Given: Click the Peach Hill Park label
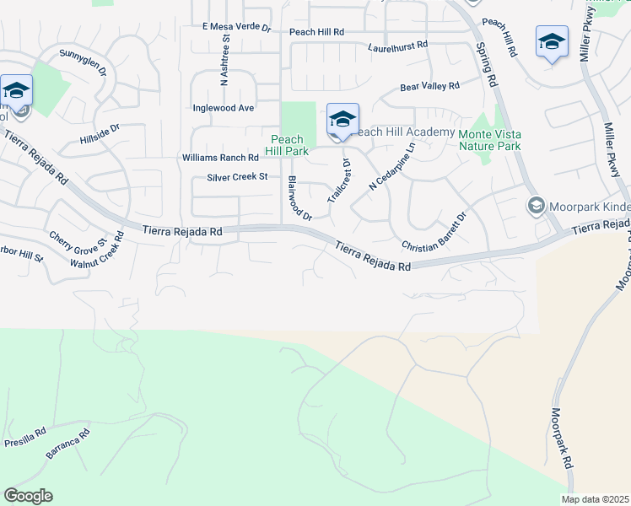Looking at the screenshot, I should point(287,145).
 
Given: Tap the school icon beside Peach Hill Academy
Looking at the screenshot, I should point(342,120).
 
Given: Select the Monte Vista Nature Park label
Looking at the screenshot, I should point(489,140).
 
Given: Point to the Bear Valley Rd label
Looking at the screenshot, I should point(429,86).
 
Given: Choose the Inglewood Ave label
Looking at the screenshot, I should point(224,108).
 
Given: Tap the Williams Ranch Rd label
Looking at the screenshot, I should point(220,158).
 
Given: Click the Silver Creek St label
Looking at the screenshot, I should point(237,177).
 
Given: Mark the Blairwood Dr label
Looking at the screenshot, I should point(299,198).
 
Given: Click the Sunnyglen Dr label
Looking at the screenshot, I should point(83,63).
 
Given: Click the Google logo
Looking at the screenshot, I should point(28,495).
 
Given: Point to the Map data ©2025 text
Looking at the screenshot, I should point(596,499).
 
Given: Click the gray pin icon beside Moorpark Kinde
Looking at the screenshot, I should point(535,206).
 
